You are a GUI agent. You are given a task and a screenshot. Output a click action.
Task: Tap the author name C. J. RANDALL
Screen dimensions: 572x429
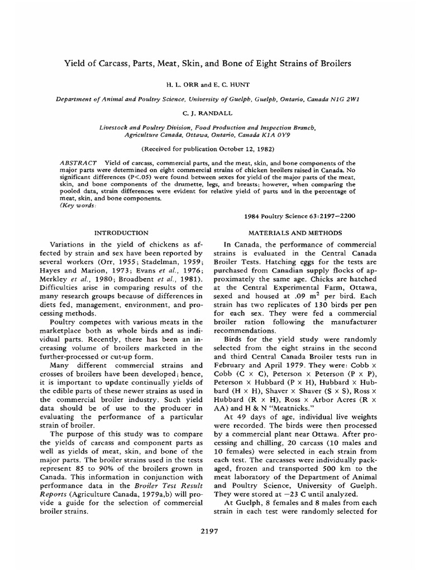(x=214, y=112)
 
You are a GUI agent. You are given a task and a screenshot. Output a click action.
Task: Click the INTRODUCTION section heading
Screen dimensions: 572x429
(x=121, y=232)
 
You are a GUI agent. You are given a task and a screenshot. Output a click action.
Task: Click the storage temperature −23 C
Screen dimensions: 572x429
(x=295, y=495)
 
